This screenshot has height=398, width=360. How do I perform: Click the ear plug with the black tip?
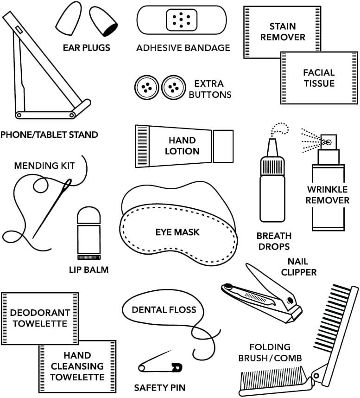(104, 23)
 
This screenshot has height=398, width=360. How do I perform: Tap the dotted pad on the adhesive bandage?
(182, 19)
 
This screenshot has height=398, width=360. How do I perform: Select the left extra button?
(146, 87)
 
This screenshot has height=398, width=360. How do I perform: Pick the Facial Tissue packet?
(319, 78)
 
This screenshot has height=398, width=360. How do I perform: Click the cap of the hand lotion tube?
(223, 146)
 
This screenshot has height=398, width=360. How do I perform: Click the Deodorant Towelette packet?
(40, 318)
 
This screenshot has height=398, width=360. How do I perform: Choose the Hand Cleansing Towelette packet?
(77, 366)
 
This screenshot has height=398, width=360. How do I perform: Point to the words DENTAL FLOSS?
(164, 309)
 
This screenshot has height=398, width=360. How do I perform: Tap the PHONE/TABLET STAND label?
(49, 135)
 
